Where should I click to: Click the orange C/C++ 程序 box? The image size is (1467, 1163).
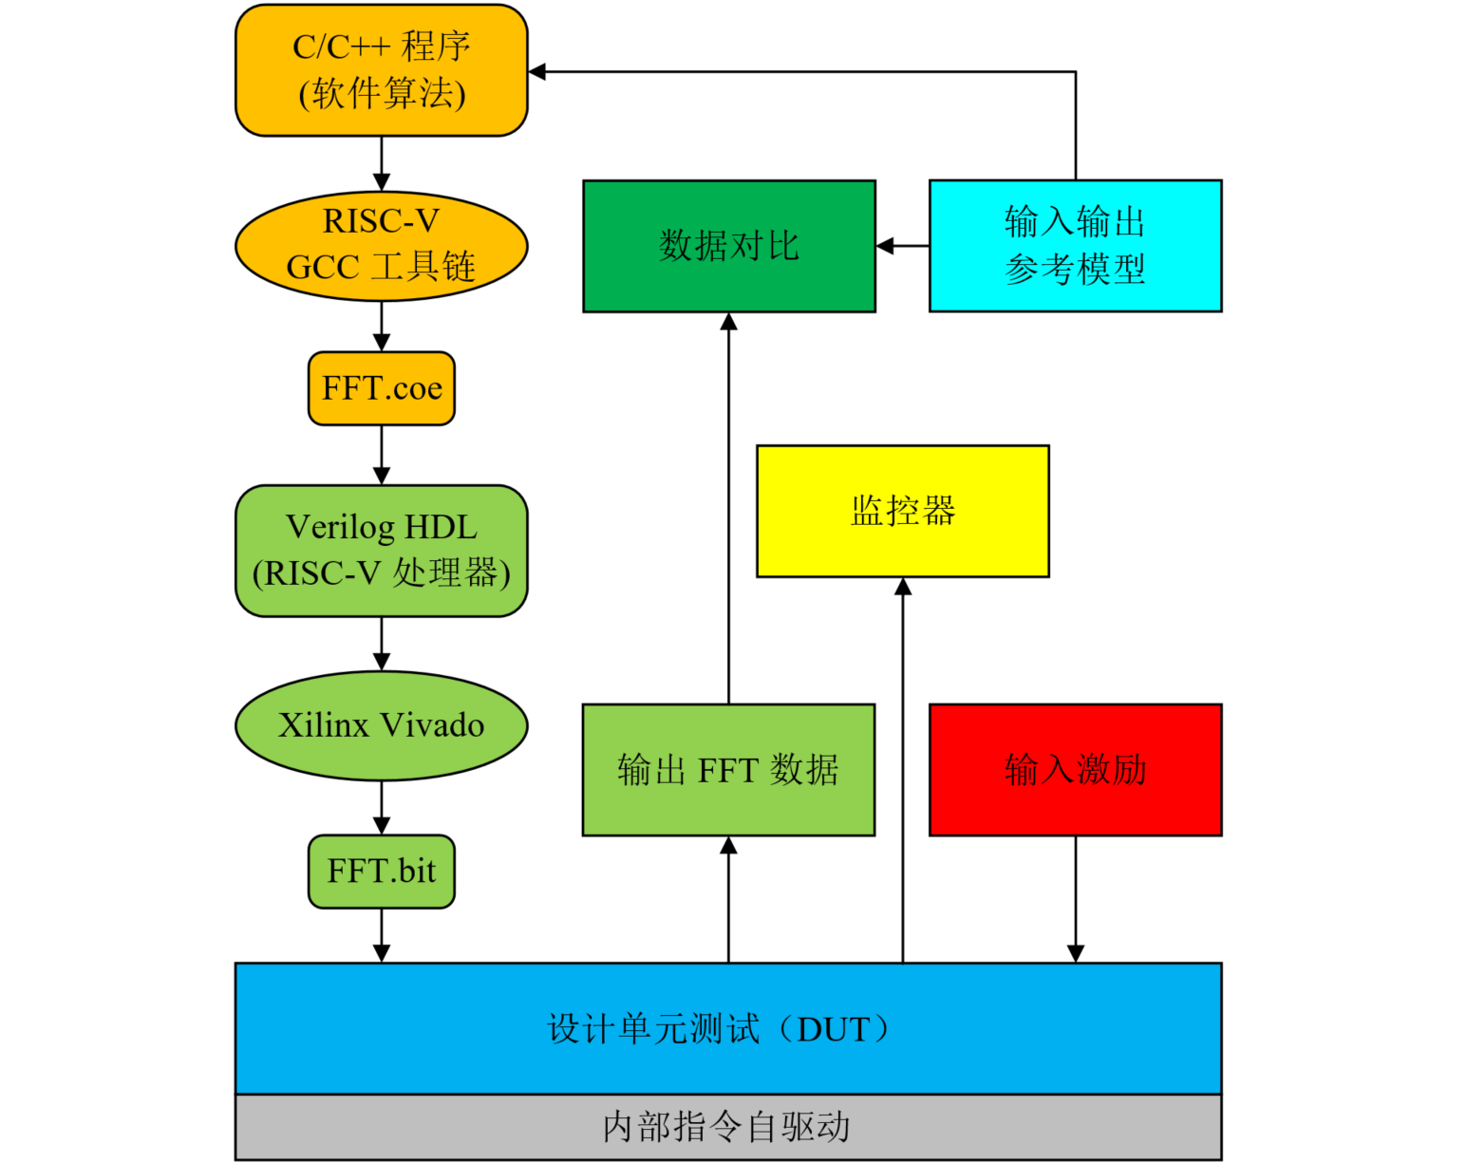click(381, 70)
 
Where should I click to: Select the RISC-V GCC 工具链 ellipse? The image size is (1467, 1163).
click(381, 245)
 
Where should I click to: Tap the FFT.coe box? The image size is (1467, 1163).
click(381, 388)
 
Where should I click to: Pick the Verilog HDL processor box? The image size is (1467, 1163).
click(381, 551)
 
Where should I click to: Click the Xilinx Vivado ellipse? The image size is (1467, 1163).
click(381, 725)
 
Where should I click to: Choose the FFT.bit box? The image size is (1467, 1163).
click(381, 871)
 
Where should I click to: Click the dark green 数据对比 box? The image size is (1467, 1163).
click(728, 246)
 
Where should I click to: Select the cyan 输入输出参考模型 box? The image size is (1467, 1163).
click(1075, 246)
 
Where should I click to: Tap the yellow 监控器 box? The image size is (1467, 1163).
click(902, 511)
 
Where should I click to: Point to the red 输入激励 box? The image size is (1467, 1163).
click(1075, 770)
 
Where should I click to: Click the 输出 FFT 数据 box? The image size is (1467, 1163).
click(728, 770)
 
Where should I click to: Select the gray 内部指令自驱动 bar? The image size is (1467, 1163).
click(727, 1127)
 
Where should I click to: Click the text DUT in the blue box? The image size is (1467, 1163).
click(832, 1029)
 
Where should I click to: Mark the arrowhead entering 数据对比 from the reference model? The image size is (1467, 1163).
click(885, 246)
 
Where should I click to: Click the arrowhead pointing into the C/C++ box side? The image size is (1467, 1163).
click(537, 71)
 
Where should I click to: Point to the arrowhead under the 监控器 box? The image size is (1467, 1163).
click(902, 587)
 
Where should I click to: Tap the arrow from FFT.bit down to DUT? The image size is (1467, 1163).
click(381, 935)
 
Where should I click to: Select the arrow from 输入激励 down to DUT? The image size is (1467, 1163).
click(1075, 898)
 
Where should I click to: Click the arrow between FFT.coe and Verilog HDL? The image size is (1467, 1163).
click(381, 455)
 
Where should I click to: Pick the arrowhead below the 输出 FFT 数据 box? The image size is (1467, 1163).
click(728, 846)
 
